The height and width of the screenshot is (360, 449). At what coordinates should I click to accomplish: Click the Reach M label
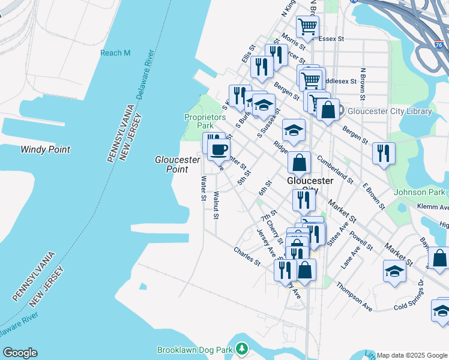(x=115, y=53)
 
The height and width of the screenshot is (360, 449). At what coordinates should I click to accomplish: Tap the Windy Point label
(x=45, y=149)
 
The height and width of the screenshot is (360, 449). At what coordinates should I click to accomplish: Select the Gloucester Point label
(x=177, y=164)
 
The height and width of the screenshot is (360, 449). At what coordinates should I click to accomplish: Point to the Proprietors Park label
(x=199, y=121)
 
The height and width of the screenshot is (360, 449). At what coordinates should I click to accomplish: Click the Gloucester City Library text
(x=388, y=111)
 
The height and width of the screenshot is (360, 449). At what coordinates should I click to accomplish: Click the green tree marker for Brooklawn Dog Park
(x=241, y=349)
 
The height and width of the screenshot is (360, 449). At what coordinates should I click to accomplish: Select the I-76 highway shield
(x=439, y=44)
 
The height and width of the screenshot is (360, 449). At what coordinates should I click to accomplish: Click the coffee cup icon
(x=219, y=150)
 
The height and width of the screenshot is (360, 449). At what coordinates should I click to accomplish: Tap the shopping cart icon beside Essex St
(x=307, y=27)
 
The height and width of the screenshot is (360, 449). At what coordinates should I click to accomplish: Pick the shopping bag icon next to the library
(x=328, y=110)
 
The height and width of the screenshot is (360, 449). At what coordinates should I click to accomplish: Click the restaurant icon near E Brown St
(x=383, y=153)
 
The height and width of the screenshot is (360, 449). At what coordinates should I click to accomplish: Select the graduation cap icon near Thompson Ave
(x=394, y=271)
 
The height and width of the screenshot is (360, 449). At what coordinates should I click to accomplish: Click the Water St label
(x=204, y=188)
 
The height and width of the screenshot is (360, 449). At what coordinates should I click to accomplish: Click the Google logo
(x=20, y=353)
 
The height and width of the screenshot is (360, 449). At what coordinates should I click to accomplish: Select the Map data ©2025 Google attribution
(x=412, y=355)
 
